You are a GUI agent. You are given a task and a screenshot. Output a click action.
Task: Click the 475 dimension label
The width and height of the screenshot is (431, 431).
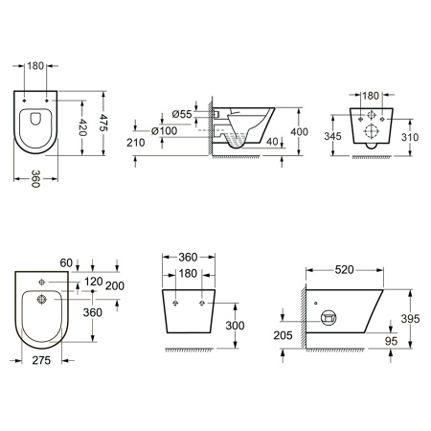pos(103,123)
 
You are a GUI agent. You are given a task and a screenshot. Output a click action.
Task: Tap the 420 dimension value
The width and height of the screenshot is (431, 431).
pos(82,127)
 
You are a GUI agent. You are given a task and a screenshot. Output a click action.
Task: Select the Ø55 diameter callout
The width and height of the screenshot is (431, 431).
pos(182,114)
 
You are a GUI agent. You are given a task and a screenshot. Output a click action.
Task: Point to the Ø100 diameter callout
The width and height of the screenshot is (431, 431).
pos(165,131)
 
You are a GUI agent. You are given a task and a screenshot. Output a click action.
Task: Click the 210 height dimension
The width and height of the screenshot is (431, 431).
pos(136,143)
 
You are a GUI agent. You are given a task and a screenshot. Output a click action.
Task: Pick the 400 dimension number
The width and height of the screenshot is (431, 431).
pos(299,132)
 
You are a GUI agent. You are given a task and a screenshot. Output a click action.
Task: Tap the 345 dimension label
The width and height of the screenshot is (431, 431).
pos(332,136)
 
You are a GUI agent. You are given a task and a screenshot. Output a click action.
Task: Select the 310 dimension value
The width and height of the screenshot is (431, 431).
pos(410,137)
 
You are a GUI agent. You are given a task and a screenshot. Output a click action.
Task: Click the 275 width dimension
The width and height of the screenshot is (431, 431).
pos(41,360)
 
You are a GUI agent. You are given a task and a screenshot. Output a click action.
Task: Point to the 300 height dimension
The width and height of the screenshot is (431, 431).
pos(235,326)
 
